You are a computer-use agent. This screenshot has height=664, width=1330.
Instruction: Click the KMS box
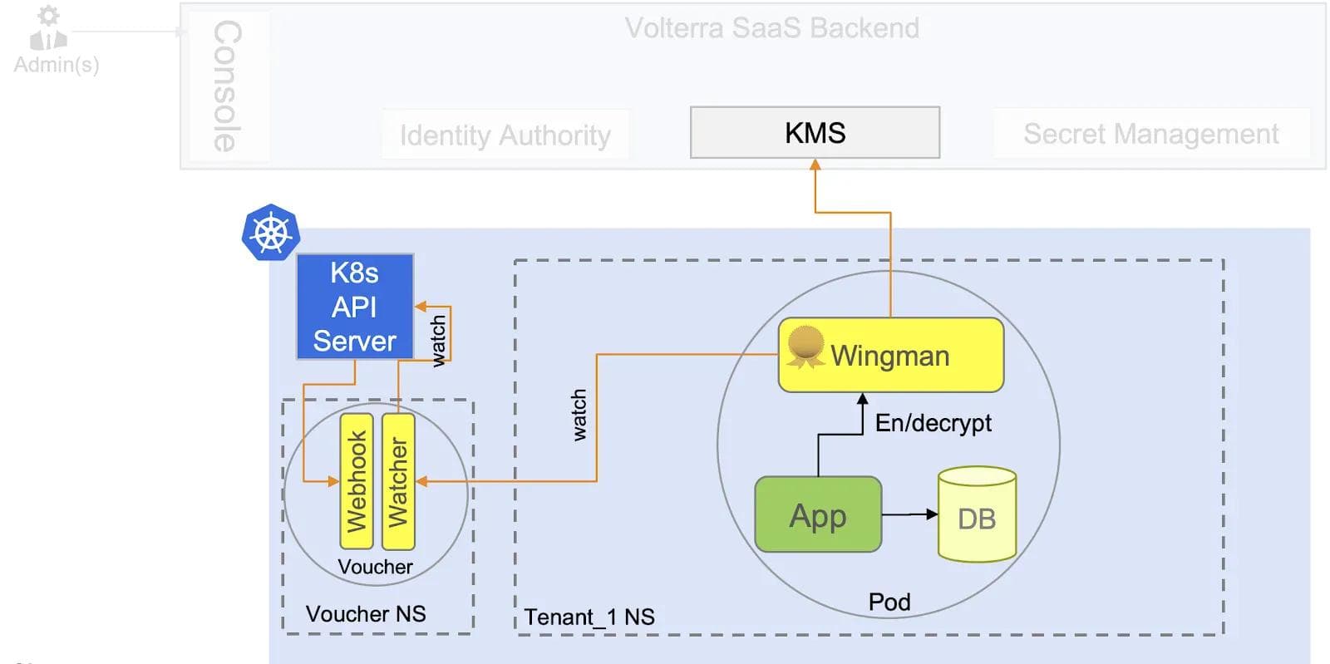click(x=815, y=133)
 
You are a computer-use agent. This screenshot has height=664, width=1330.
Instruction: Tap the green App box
click(x=818, y=515)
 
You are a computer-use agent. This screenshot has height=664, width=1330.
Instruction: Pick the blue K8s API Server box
click(x=355, y=307)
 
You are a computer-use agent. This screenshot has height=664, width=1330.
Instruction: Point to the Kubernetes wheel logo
click(x=271, y=233)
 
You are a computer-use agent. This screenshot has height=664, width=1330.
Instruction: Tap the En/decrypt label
click(x=933, y=423)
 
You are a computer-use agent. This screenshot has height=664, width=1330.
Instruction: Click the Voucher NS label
click(x=366, y=614)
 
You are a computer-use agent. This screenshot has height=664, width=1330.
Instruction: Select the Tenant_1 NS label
click(x=589, y=617)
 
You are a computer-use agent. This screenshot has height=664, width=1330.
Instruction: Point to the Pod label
click(x=889, y=602)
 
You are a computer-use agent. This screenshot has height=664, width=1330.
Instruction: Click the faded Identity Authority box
click(x=505, y=135)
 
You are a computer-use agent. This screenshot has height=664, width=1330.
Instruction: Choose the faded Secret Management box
click(x=1150, y=134)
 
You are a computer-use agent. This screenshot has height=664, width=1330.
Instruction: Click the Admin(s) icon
click(x=48, y=29)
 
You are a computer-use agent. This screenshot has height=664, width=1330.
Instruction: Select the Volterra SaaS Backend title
click(x=771, y=28)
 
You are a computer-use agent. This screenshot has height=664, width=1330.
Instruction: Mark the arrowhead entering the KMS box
click(x=815, y=165)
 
